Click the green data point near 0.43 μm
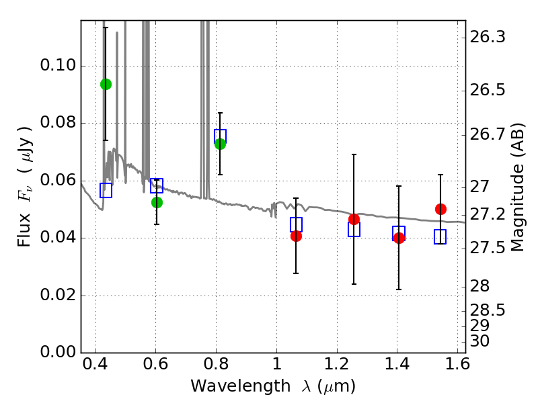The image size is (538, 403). (x=106, y=85)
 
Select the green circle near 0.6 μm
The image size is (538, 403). (x=157, y=203)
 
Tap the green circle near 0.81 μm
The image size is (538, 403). (x=221, y=144)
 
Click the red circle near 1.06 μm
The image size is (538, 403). (x=296, y=236)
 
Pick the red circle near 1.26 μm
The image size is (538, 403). (x=354, y=220)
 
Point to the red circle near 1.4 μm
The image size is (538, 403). (x=399, y=238)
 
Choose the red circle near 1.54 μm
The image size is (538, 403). (x=440, y=209)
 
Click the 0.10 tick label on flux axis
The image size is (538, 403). (x=58, y=65)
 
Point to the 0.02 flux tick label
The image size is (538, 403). (x=58, y=295)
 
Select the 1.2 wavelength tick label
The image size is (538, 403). (x=337, y=363)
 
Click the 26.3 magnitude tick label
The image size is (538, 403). (x=488, y=37)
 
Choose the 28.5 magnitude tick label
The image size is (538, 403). (x=488, y=310)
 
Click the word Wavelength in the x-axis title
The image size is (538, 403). (x=241, y=386)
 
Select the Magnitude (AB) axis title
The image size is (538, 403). (x=518, y=187)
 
